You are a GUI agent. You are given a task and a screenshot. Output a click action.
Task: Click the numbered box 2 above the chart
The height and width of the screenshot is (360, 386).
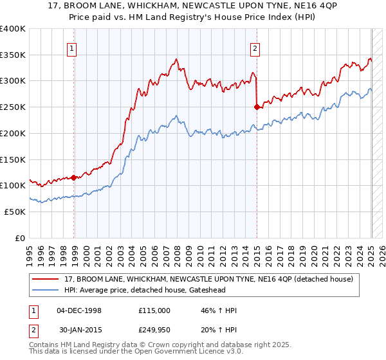[x=255, y=47]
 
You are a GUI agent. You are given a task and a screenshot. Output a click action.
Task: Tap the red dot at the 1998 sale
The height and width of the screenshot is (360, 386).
[x=74, y=177]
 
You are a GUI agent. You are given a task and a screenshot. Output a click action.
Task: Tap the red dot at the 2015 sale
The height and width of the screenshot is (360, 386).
[x=257, y=107]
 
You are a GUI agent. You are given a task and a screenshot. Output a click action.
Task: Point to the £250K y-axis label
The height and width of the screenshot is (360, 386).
[x=13, y=107]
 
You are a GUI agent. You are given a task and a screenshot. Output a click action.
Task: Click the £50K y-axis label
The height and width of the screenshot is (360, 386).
[x=15, y=212]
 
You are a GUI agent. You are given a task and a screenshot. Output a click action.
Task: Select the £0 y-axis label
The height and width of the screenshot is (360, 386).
[x=21, y=238]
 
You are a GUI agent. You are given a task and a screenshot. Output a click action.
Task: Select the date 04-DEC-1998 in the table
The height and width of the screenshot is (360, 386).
[x=78, y=310]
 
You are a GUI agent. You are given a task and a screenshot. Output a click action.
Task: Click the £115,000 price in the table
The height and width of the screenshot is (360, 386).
[x=155, y=310]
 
